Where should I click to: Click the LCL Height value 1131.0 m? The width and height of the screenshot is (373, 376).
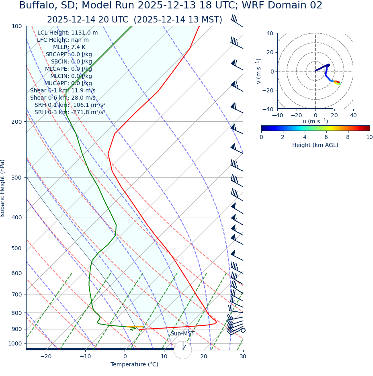coord(84,33)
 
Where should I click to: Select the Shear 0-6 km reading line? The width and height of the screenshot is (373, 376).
coord(63,98)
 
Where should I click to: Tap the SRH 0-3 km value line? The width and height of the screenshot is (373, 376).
coord(70,112)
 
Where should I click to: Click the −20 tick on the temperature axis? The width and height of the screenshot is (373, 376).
coord(46,356)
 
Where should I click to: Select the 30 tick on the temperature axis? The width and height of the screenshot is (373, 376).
coord(243,356)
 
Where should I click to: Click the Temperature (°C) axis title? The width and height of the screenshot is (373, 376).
coord(134,365)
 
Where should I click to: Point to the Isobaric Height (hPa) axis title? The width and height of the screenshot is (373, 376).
coord(3,188)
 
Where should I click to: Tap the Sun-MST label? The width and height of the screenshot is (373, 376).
coord(182,334)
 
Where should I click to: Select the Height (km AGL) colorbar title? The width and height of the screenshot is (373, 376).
coord(315,145)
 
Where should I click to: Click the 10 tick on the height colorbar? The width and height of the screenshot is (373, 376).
coord(369,137)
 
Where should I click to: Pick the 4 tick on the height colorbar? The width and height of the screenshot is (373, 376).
coord(305,137)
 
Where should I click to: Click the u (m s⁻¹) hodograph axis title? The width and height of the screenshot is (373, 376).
coord(315,121)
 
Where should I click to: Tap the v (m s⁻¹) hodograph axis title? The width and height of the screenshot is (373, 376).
coord(259,71)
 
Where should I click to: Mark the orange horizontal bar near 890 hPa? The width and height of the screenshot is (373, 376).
coord(135,327)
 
